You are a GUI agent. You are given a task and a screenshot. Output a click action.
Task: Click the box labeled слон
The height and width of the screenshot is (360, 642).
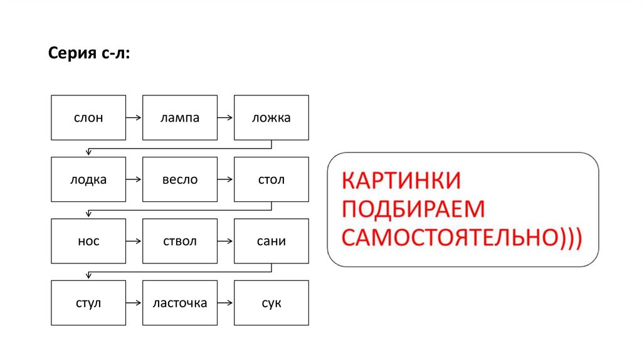pos(88,117)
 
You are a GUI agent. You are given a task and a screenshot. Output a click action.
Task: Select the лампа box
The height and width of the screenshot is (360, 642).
pos(180,117)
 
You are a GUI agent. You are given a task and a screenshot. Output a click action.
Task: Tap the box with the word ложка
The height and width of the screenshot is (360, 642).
pos(271,117)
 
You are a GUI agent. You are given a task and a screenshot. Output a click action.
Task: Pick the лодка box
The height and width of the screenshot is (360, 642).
pos(88,179)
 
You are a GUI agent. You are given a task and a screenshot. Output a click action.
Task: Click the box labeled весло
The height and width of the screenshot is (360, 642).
pos(180,179)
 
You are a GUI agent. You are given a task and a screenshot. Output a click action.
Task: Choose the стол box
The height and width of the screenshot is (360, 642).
pos(271,179)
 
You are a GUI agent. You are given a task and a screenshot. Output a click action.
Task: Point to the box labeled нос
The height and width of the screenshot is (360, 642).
pos(88,241)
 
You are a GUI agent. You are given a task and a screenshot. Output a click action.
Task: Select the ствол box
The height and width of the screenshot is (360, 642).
pos(180,241)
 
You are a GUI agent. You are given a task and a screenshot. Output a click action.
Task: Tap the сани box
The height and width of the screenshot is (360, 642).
pos(271,241)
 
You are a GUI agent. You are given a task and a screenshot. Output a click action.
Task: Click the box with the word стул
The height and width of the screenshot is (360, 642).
pos(88,303)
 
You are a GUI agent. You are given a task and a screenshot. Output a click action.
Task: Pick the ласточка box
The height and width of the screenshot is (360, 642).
pos(180,303)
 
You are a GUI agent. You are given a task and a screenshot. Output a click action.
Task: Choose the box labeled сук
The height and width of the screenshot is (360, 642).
pos(271,303)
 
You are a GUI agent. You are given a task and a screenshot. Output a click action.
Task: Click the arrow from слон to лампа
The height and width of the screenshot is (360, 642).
pos(134,117)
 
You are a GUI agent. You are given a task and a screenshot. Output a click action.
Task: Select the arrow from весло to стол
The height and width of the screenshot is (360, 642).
pos(226,179)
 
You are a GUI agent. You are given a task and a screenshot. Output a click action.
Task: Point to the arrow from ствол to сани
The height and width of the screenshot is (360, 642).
pos(226,241)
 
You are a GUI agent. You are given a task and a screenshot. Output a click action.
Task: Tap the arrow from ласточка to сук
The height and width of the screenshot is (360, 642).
pos(226,303)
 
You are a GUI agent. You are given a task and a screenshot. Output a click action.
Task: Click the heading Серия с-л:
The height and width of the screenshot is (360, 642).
pos(90,55)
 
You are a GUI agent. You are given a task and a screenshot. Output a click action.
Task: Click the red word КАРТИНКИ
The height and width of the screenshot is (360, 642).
pos(401,181)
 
